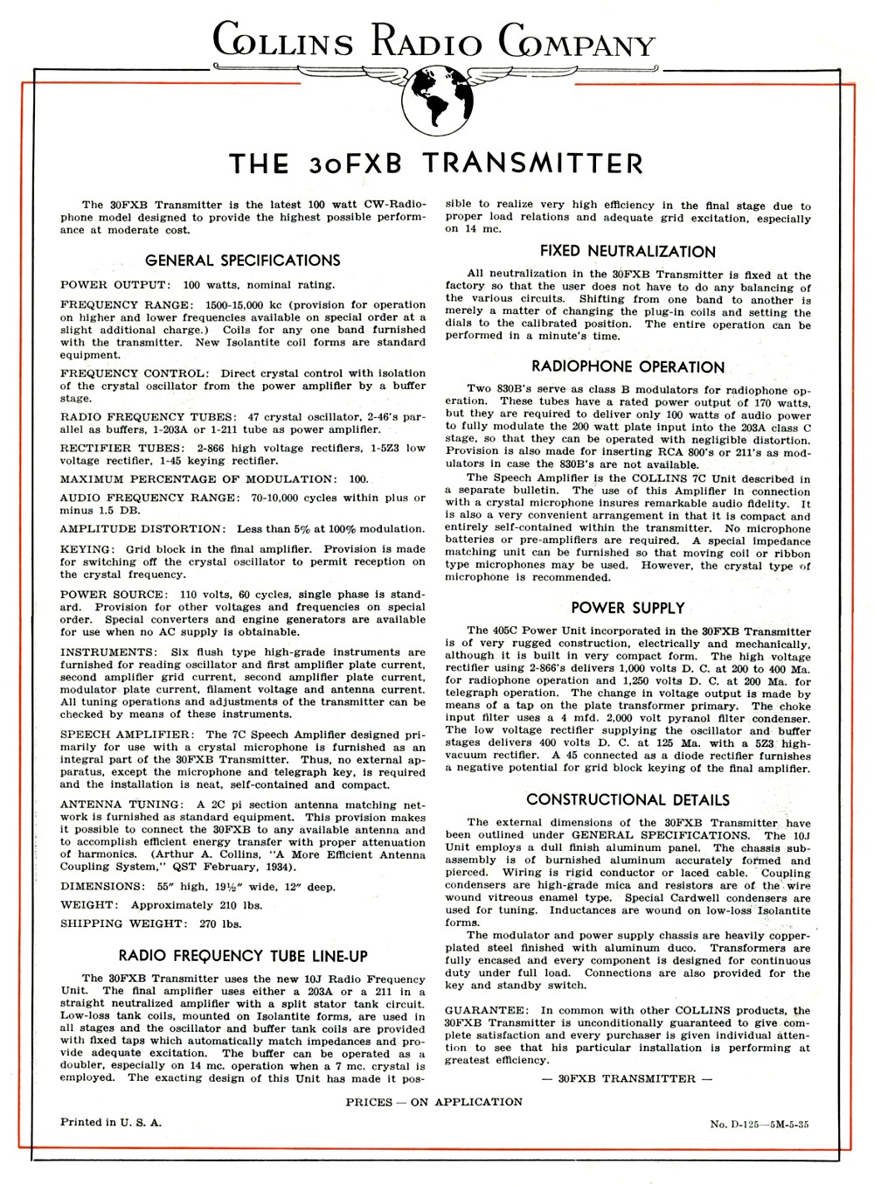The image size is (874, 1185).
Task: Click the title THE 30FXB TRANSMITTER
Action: [435, 164]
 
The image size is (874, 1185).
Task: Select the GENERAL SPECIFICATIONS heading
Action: [242, 261]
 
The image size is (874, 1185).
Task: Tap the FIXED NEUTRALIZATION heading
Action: [628, 252]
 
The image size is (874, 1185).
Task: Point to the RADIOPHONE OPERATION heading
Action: [628, 367]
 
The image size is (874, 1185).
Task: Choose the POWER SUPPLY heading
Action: [628, 608]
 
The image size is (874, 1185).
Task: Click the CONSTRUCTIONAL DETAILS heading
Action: [628, 799]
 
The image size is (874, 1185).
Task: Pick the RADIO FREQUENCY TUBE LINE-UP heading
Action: [242, 955]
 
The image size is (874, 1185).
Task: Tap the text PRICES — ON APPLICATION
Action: [434, 1102]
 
